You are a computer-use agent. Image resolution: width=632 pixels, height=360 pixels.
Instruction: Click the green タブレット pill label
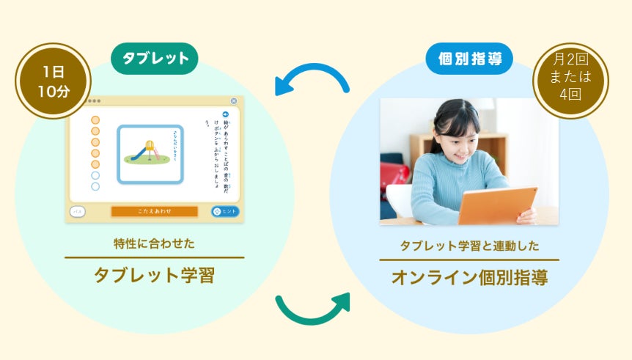(155, 59)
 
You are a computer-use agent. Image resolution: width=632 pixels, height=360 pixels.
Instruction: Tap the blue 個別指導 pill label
(469, 59)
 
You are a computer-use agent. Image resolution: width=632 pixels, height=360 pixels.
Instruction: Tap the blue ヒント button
(226, 211)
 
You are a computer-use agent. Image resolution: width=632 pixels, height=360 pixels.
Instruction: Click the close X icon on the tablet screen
(234, 101)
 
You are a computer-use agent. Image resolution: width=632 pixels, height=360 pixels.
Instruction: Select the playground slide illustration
(150, 153)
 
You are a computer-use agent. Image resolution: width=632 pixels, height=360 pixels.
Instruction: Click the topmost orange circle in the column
(95, 120)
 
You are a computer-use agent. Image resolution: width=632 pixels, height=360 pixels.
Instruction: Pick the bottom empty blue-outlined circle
(95, 187)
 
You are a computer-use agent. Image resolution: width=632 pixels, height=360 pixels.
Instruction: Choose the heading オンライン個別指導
(469, 279)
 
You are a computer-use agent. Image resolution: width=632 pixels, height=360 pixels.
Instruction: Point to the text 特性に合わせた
(154, 243)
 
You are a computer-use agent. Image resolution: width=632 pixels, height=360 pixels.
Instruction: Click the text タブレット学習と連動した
(469, 246)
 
